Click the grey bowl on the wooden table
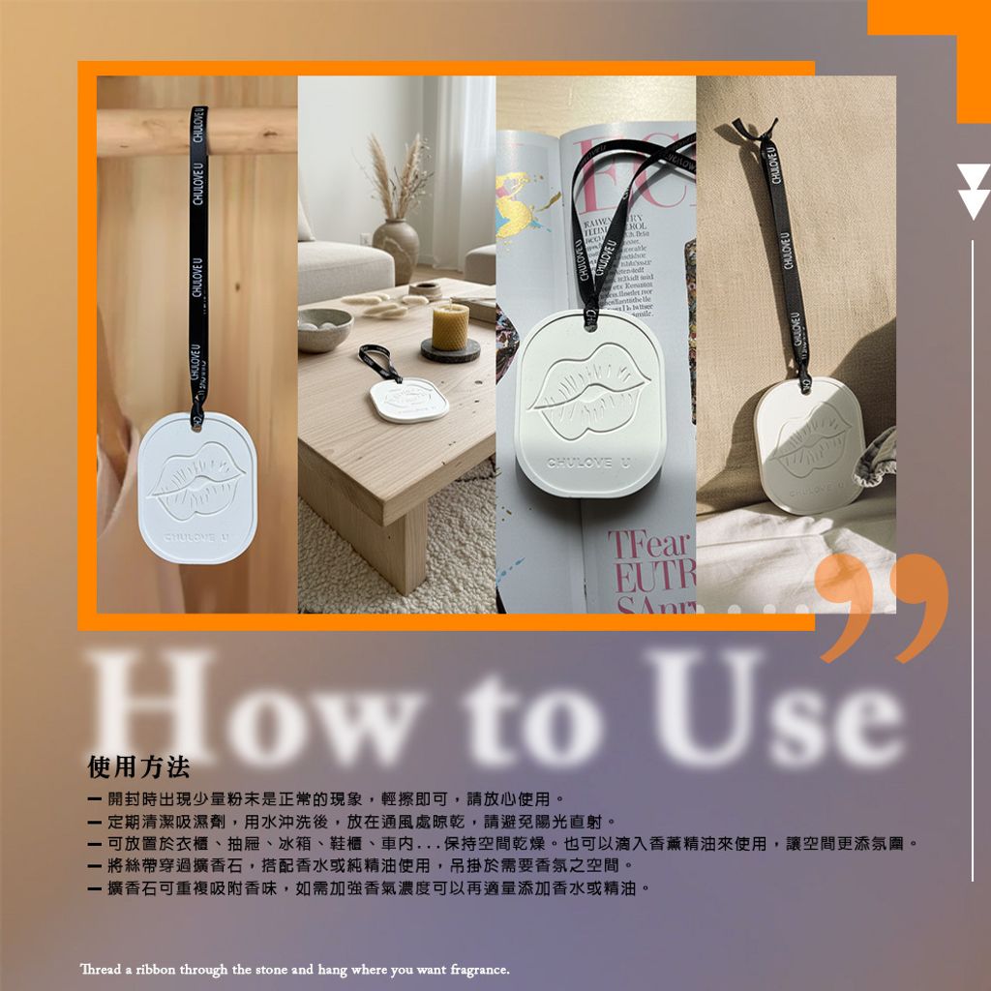click(x=325, y=329)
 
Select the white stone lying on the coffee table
click(x=408, y=399)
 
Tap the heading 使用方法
click(x=138, y=767)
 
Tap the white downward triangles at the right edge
click(x=972, y=191)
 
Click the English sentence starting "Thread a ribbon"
click(x=294, y=969)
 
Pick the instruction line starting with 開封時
click(x=325, y=799)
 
